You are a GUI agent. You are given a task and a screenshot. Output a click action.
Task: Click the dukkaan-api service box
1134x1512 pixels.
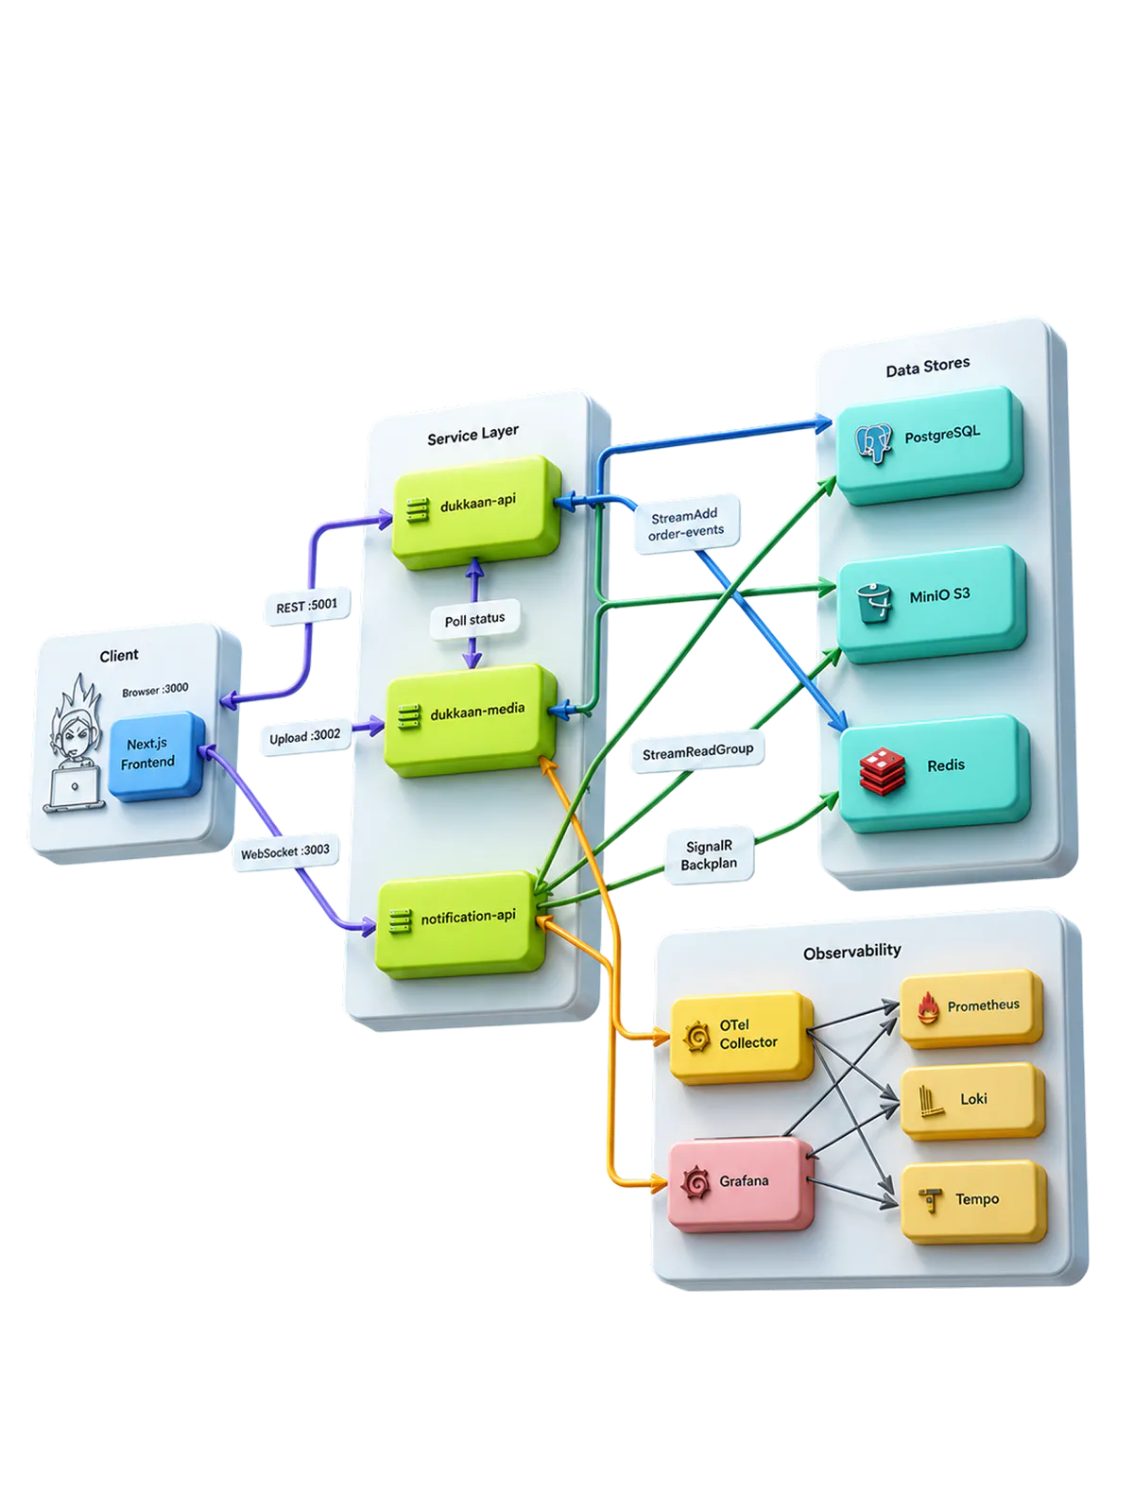pyautogui.click(x=476, y=512)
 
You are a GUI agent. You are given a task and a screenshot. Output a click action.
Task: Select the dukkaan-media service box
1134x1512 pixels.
pyautogui.click(x=471, y=720)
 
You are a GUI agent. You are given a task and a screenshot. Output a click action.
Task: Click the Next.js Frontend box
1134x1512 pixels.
pyautogui.click(x=157, y=756)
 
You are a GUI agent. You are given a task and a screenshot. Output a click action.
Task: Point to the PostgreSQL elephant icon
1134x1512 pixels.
pyautogui.click(x=873, y=443)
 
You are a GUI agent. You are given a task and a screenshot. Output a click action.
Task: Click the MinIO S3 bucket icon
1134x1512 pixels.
pyautogui.click(x=874, y=603)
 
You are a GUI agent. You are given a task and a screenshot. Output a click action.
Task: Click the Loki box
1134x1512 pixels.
pyautogui.click(x=972, y=1101)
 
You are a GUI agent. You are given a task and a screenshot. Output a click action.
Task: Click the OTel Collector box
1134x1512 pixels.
pyautogui.click(x=741, y=1038)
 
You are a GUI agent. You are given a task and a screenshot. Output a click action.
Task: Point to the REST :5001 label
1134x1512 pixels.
pyautogui.click(x=307, y=606)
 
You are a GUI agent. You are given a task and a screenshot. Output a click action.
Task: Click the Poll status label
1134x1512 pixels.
pyautogui.click(x=474, y=619)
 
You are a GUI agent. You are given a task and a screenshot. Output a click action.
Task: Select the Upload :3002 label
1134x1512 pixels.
pyautogui.click(x=305, y=737)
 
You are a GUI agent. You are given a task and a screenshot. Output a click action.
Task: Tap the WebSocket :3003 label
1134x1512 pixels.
pyautogui.click(x=285, y=852)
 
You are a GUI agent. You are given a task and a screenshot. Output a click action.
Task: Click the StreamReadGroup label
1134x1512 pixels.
pyautogui.click(x=697, y=751)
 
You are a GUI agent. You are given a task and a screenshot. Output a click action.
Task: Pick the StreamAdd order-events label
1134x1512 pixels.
pyautogui.click(x=686, y=523)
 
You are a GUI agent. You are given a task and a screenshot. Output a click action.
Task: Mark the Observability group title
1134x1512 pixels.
pyautogui.click(x=851, y=952)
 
